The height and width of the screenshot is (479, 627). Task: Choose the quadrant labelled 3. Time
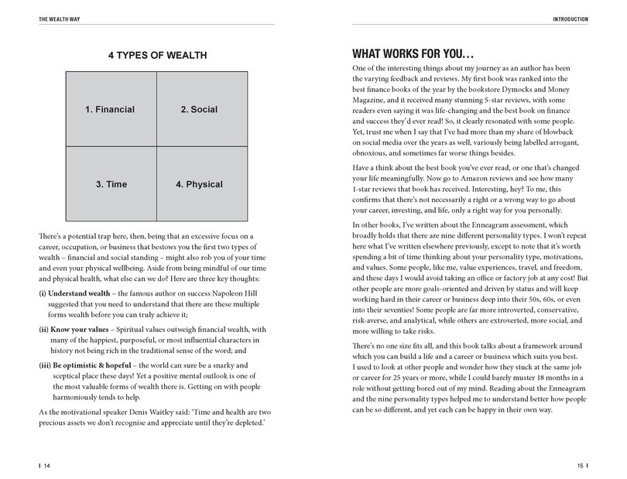click(x=110, y=185)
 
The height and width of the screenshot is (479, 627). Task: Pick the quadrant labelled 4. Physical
click(x=200, y=185)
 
